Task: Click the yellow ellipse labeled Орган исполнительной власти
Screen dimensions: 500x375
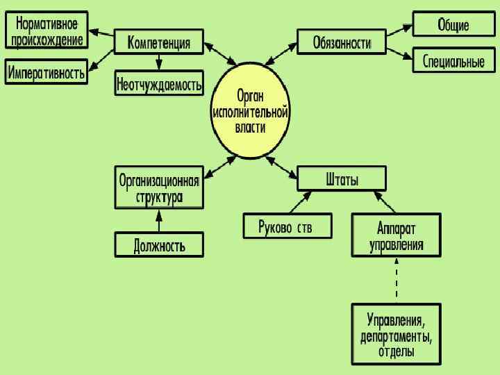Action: coord(250,111)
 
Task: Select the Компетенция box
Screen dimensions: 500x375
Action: coord(159,42)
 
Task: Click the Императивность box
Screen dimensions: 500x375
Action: coord(47,72)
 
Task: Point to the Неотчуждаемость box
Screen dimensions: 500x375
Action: coord(160,84)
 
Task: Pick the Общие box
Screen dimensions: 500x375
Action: coord(453,24)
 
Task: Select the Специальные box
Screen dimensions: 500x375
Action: coord(453,61)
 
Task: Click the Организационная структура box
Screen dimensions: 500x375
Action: coord(160,187)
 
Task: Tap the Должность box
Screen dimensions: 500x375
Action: coord(160,244)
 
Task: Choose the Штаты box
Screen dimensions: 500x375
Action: coord(342,179)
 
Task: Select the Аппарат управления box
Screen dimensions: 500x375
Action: coord(397,235)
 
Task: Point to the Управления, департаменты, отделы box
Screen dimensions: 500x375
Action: coord(397,333)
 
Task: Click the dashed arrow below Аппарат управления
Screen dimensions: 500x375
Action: coord(397,281)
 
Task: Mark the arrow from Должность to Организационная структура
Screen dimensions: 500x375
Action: coord(160,221)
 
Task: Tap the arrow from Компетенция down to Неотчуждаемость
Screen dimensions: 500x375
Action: coord(160,62)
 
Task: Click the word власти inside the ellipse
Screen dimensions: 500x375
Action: coord(250,128)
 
